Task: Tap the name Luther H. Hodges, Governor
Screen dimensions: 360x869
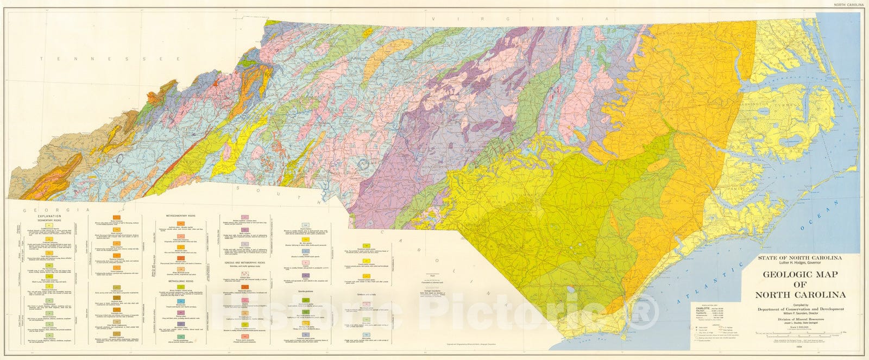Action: pos(797,263)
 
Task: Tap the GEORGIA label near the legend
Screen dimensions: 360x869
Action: pos(52,209)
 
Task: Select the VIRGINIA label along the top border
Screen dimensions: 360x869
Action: pos(489,18)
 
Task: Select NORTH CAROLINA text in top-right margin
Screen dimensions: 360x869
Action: pos(846,4)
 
